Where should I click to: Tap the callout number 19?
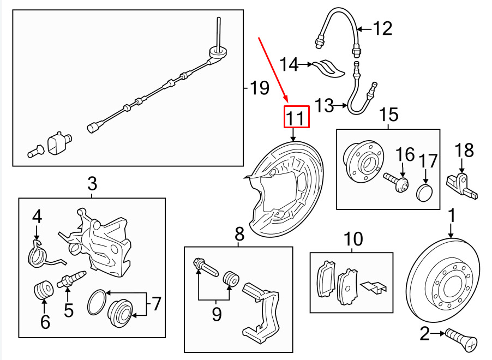tap(260, 88)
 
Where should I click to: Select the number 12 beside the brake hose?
tap(382, 29)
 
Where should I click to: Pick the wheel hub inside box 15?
tap(364, 163)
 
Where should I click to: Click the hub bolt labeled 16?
tap(396, 182)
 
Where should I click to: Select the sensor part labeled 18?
tap(462, 187)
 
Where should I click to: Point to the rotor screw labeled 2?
tap(461, 340)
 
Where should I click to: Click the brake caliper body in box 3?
tap(99, 243)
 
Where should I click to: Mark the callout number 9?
tap(217, 314)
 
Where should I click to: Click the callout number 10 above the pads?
tap(353, 239)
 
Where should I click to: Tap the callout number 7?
tap(156, 304)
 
